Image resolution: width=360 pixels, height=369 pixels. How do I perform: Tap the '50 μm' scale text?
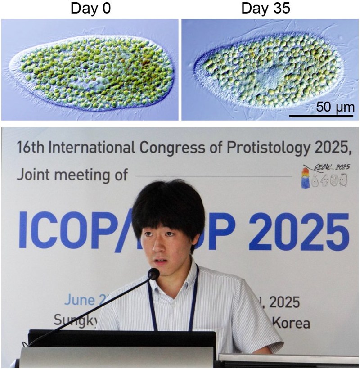tap(335, 108)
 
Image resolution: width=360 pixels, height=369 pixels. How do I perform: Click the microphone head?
tap(153, 274)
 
